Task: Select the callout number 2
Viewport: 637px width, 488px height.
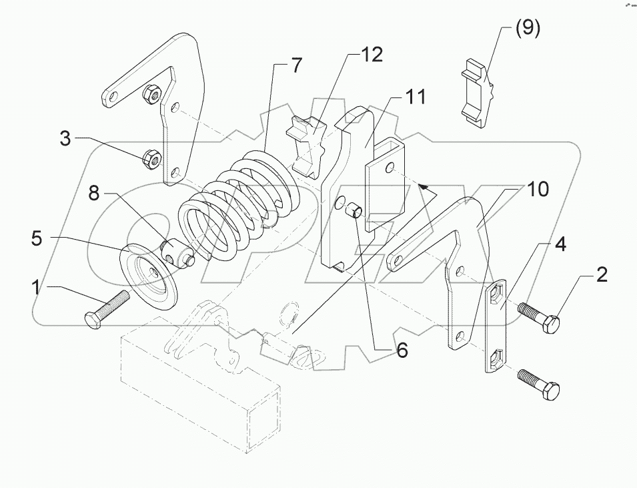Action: pos(601,276)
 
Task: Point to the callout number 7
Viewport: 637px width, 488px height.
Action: pos(296,65)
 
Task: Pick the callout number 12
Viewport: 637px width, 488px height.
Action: pos(372,55)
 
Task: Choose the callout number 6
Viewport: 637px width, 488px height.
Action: pos(402,350)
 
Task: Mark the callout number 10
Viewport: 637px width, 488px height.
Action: pos(537,189)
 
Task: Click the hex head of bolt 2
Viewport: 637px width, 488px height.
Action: pos(550,324)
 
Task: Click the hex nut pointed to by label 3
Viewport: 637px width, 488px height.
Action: pos(151,159)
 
